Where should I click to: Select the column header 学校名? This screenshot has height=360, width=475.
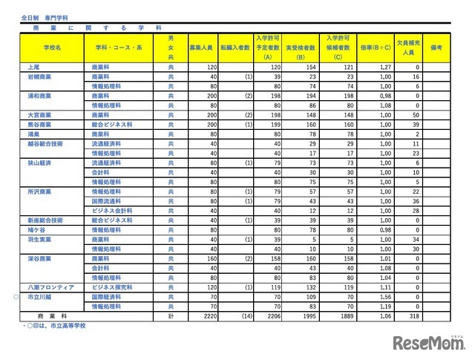pyautogui.click(x=53, y=47)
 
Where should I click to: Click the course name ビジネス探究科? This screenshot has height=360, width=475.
pyautogui.click(x=108, y=285)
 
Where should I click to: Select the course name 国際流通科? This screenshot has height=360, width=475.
pyautogui.click(x=105, y=200)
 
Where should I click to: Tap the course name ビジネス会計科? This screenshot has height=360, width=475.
pyautogui.click(x=108, y=210)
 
